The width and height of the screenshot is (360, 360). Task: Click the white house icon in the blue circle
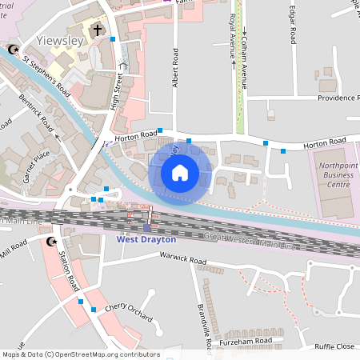point(180,172)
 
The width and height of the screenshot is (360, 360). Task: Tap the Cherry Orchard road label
point(129,312)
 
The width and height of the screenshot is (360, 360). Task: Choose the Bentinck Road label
point(36,116)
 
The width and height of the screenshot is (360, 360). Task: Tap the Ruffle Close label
point(334,346)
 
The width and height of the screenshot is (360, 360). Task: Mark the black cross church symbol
point(98,30)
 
